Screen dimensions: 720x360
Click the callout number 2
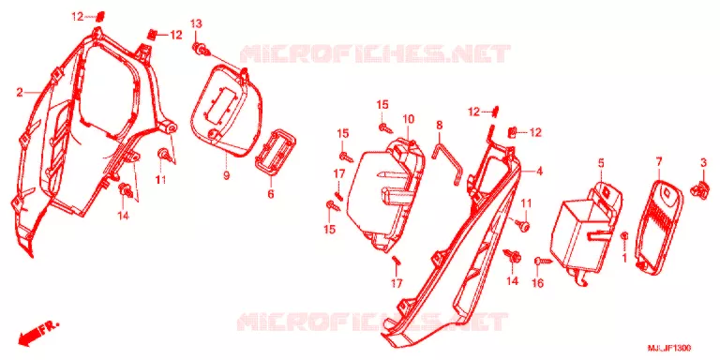[x=19, y=93]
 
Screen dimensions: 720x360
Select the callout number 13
[x=196, y=23]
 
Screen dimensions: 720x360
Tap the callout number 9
[x=226, y=175]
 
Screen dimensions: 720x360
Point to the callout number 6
[x=270, y=194]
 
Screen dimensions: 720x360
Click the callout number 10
[x=409, y=120]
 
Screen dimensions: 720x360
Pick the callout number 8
[x=440, y=125]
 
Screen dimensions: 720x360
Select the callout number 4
[x=540, y=172]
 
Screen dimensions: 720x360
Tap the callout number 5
[x=601, y=162]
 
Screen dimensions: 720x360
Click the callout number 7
[x=659, y=161]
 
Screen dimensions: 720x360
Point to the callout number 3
[x=703, y=161]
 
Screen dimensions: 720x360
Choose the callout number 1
[x=624, y=258]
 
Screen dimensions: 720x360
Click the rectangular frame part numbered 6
[x=275, y=153]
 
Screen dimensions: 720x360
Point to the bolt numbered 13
[x=202, y=49]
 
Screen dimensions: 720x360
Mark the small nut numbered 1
[x=624, y=235]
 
